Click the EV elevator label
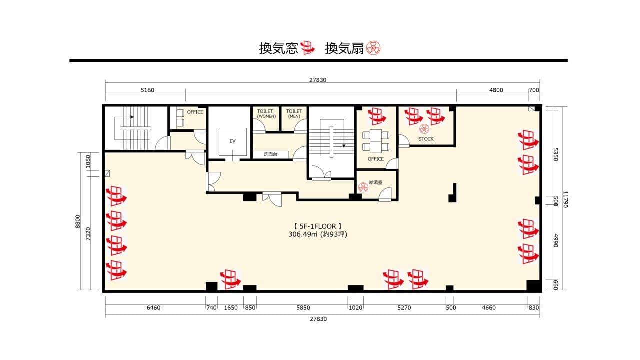[x=232, y=141]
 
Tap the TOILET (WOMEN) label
[x=266, y=113]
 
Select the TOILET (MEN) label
[x=294, y=113]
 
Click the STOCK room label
[x=426, y=139]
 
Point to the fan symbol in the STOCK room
[x=424, y=129]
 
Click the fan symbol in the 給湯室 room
[x=363, y=187]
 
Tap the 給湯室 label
[x=375, y=182]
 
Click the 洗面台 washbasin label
[x=270, y=154]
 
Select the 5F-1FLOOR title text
[x=317, y=226]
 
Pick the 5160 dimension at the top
[x=147, y=90]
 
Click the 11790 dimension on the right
[x=565, y=199]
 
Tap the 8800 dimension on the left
[x=78, y=221]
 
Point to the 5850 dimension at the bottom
[x=303, y=308]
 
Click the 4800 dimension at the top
[x=496, y=90]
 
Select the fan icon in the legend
[x=373, y=48]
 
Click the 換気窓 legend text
[x=278, y=48]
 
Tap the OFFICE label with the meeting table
[x=375, y=159]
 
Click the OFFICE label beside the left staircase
[x=195, y=112]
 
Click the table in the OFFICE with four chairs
[x=375, y=141]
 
